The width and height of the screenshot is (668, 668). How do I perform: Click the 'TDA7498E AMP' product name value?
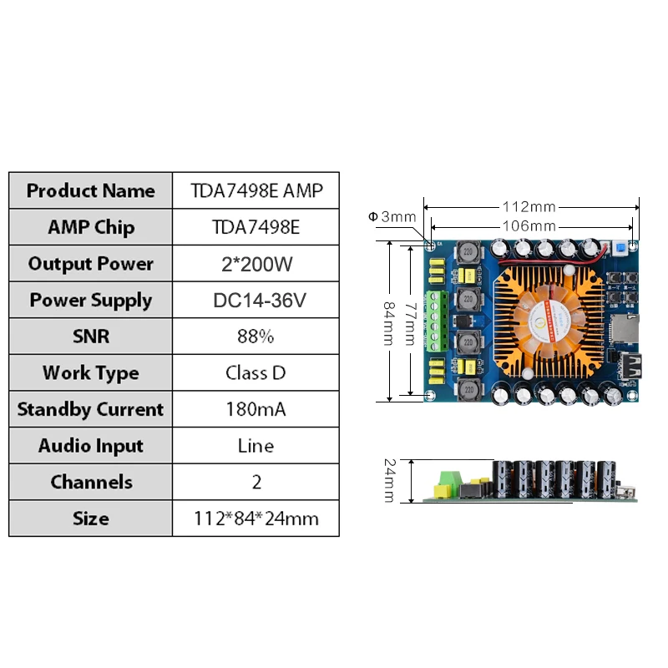[x=256, y=190]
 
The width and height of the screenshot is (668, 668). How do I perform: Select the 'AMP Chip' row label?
[x=91, y=227]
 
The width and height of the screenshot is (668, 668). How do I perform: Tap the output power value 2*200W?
[x=257, y=264]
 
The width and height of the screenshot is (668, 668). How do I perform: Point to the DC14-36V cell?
[x=260, y=301]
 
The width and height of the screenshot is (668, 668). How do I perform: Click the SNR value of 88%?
[x=256, y=337]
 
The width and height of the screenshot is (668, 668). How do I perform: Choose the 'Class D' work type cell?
[x=256, y=372]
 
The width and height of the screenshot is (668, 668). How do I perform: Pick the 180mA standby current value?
[x=256, y=409]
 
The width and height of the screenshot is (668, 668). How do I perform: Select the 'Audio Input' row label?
[x=91, y=446]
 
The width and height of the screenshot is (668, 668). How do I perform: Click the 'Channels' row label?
[x=91, y=482]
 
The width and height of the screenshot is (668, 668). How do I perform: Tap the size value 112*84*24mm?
[x=256, y=519]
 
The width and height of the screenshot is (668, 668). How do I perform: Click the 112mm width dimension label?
[x=529, y=207]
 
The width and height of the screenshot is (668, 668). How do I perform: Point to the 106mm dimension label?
[x=529, y=225]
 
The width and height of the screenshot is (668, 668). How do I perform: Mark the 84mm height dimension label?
[x=389, y=323]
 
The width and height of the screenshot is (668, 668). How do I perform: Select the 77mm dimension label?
[x=410, y=324]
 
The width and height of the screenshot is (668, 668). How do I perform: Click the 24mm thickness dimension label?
[x=389, y=481]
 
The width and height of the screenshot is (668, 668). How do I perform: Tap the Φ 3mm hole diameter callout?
[x=392, y=217]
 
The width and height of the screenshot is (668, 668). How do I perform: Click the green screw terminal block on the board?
[x=437, y=321]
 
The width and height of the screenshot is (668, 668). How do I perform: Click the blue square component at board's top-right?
[x=620, y=248]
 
